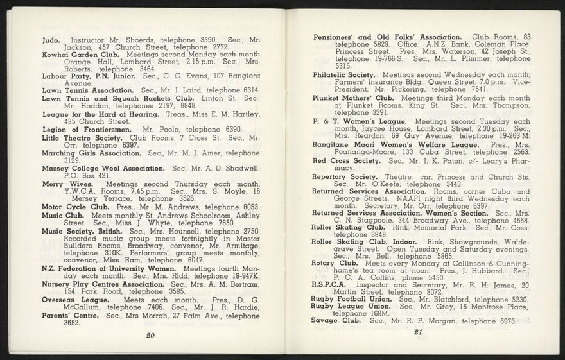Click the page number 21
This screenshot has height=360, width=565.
coord(417,332)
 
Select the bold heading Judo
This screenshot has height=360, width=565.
coord(51,40)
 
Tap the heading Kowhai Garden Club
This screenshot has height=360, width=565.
coord(78,55)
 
